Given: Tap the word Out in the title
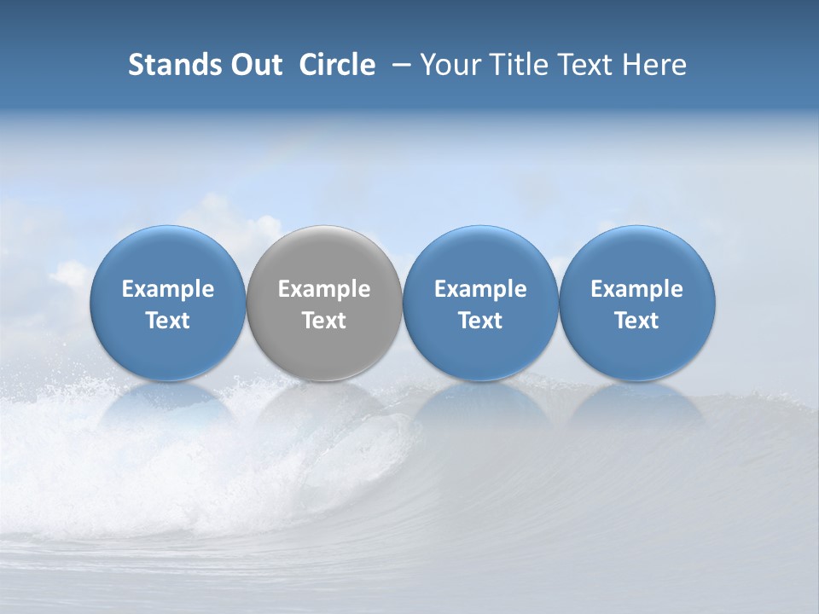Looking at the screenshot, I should (x=255, y=65).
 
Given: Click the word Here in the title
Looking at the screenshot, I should (x=654, y=65).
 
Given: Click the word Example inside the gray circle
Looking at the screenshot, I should (x=324, y=289).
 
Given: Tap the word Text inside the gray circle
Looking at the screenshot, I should (x=324, y=321).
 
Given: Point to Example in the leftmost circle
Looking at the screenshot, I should (x=167, y=289).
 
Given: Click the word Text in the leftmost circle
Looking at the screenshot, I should (x=167, y=321).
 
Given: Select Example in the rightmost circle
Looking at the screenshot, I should (x=637, y=289).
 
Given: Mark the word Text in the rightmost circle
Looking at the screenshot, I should (x=637, y=321).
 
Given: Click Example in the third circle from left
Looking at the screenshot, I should (x=480, y=289).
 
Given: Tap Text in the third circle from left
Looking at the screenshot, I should (x=480, y=321).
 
